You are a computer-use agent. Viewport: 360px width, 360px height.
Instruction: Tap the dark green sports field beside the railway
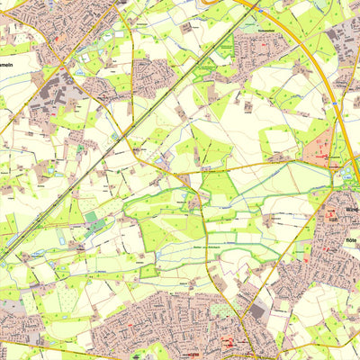coord(91,217)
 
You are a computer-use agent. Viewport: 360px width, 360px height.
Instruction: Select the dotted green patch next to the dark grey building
coord(220,310)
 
